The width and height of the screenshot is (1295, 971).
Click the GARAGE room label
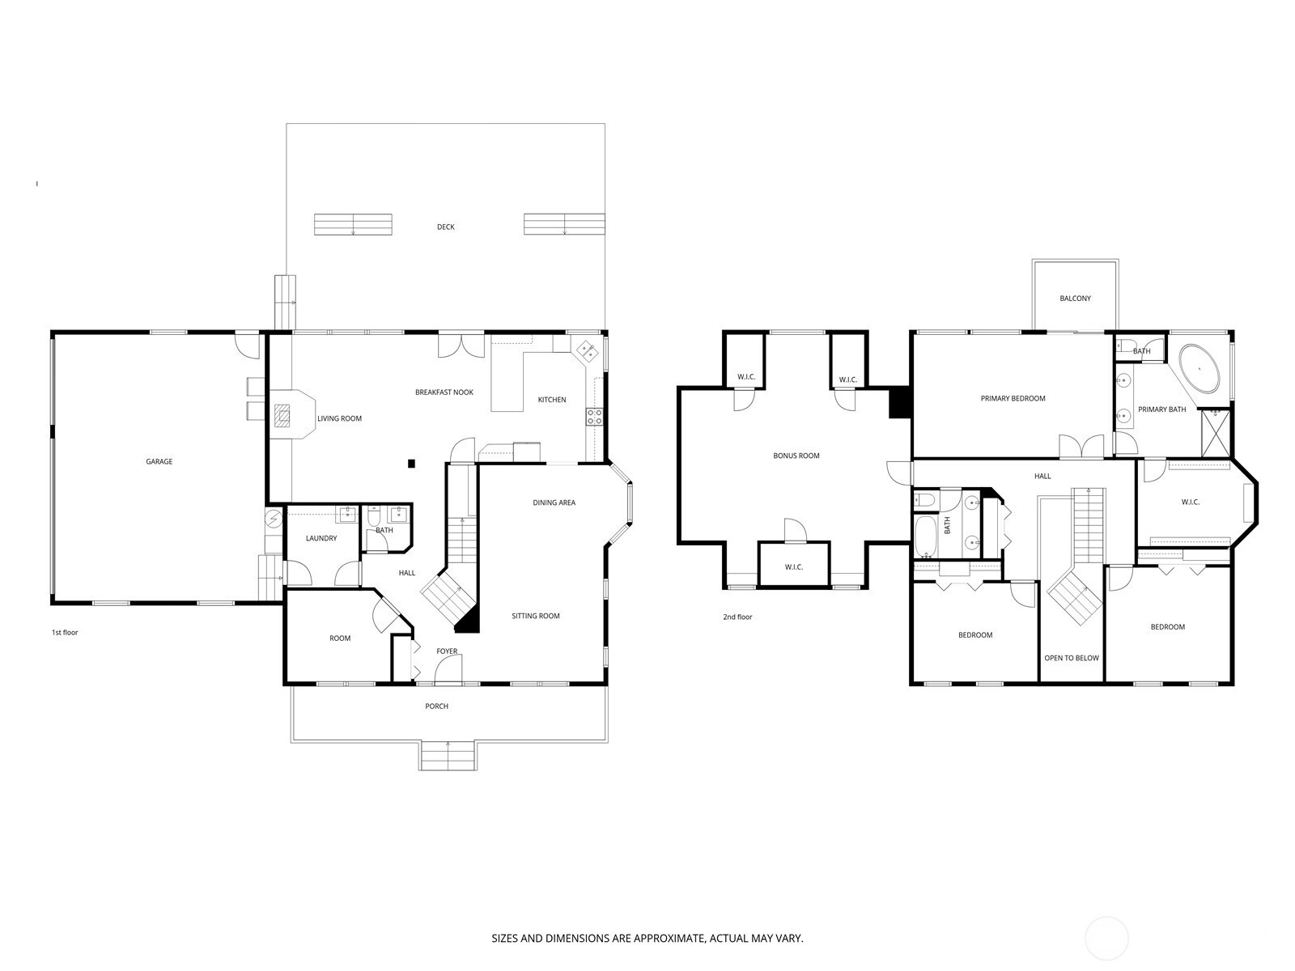point(159,461)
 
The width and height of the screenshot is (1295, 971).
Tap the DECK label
point(445,227)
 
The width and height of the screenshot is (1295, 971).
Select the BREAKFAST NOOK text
point(444,392)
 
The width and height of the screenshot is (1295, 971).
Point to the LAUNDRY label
point(321,538)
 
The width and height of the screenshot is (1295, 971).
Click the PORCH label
point(436,706)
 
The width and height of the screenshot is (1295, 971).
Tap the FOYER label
point(447,651)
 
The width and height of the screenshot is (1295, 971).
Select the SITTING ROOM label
point(536,616)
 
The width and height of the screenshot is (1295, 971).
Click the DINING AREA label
point(554,502)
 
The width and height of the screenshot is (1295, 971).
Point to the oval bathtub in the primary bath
point(1199,369)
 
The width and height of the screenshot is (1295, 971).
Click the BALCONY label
point(1076,299)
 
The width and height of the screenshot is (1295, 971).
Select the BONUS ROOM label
point(796,456)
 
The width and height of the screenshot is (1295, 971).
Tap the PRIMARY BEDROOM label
point(1013,399)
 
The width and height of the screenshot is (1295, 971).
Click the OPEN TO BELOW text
point(1072,658)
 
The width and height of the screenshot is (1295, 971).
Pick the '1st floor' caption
point(65,633)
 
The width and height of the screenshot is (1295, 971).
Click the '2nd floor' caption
point(737,617)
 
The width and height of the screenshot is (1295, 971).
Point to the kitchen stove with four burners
point(594,417)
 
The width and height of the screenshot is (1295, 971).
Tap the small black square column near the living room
point(411,464)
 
